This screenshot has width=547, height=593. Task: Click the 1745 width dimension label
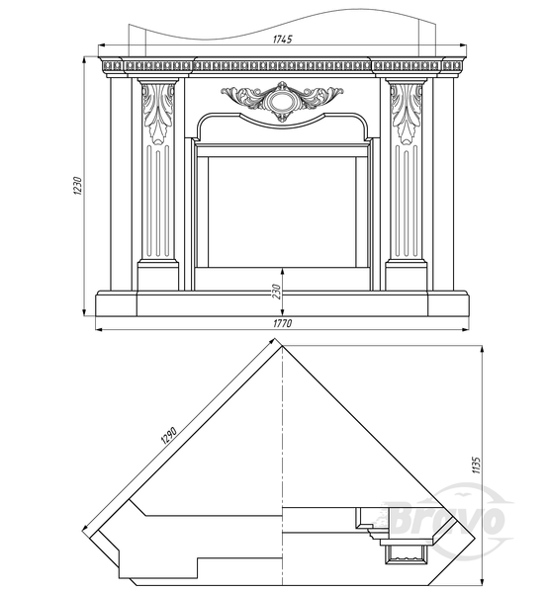282,39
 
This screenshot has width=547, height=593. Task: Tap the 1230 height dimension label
77,186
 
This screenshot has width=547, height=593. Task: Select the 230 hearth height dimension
277,292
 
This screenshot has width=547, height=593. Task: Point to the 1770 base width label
282,323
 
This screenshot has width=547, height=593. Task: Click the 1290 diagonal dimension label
169,436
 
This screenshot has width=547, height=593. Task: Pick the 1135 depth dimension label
476,465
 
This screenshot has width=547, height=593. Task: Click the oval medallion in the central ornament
282,101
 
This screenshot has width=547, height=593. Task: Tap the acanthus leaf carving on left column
158,114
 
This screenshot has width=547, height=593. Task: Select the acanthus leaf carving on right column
407,114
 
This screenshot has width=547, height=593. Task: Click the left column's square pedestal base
158,277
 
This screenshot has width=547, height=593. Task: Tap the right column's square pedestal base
407,277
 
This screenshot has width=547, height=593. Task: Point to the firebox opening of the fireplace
282,212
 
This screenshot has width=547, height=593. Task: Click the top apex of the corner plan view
282,346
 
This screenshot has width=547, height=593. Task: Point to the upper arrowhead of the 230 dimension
282,271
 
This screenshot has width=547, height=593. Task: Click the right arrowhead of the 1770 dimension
466,330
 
